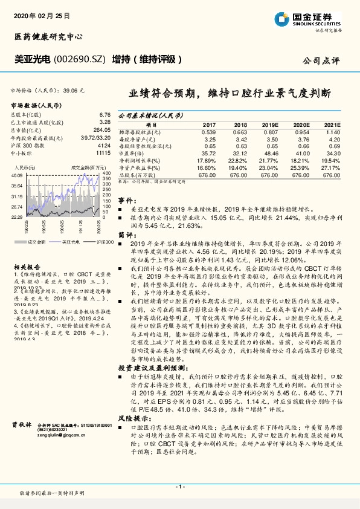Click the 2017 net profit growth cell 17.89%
207,160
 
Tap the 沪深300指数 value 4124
104,146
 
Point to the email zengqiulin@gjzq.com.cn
74,434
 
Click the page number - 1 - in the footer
179,487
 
